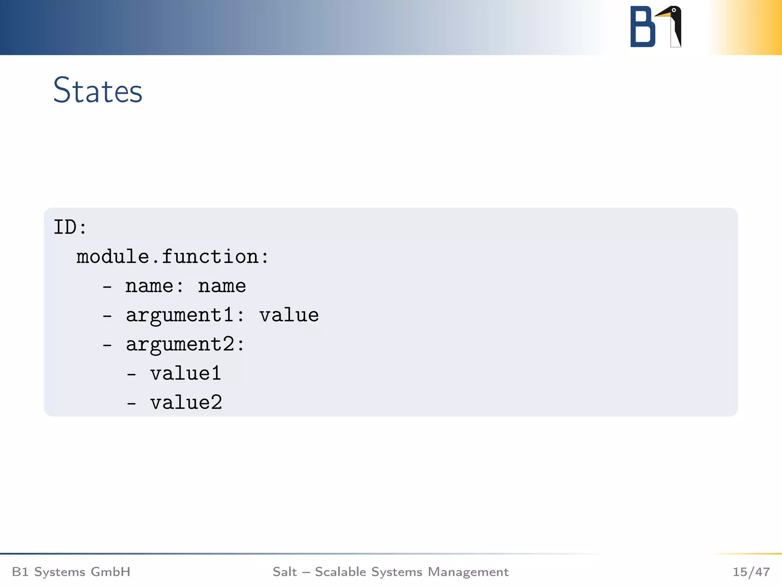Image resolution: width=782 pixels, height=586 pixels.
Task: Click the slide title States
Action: point(98,90)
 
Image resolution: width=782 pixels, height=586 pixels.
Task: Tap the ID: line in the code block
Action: point(70,227)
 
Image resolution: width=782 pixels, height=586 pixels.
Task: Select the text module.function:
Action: point(173,256)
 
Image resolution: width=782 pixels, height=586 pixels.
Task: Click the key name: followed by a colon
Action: point(154,286)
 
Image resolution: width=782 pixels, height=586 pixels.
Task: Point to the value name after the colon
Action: point(222,286)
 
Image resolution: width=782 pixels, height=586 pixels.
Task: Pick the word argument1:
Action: point(185,316)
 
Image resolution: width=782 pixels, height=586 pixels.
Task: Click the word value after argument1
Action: point(289,316)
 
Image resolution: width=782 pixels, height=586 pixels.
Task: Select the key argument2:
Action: point(185,345)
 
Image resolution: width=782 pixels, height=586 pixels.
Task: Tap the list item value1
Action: point(186,373)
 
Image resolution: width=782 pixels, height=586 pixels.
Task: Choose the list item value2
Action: point(186,403)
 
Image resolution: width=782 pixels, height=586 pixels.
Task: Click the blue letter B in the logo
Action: point(642,27)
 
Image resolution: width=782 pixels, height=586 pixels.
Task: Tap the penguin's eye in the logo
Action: point(674,10)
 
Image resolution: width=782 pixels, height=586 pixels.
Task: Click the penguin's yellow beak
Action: point(663,14)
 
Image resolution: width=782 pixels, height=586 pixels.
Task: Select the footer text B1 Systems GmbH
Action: point(71,572)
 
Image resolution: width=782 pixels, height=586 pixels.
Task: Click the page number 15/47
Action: point(751,572)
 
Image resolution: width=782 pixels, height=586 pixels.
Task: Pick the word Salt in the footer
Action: point(284,572)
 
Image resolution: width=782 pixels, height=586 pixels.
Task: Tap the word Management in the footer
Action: point(468,572)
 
